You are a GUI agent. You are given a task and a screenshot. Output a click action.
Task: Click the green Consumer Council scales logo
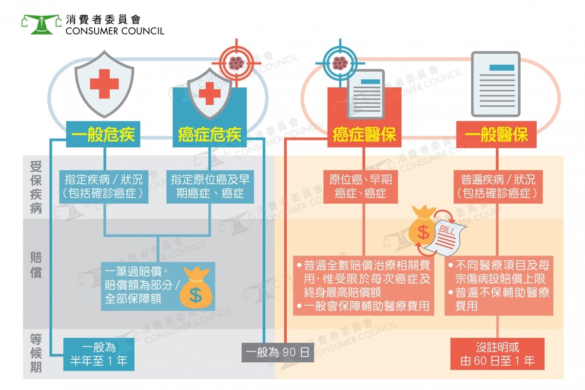tap(41, 24)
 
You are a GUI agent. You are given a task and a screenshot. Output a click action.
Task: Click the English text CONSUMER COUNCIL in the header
tap(115, 31)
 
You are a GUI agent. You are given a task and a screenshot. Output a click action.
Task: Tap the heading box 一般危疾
tap(103, 134)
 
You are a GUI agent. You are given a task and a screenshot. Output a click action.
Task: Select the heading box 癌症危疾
tap(210, 134)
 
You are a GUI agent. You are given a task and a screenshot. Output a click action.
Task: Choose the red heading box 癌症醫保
tap(364, 134)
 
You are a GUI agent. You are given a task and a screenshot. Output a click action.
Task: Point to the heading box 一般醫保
tap(496, 134)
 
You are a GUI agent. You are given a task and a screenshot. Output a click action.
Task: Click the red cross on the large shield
tap(104, 84)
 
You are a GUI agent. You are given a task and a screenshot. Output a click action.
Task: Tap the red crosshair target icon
tap(236, 63)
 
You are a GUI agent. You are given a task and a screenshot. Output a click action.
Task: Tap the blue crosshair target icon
tap(340, 63)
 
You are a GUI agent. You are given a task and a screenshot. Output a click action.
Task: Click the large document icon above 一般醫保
tap(496, 84)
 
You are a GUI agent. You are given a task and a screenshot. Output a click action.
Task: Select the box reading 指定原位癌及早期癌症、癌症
tap(210, 187)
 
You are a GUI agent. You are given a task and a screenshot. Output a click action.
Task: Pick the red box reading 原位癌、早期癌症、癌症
tap(361, 187)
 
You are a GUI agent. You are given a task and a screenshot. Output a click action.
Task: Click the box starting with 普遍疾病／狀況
tap(498, 187)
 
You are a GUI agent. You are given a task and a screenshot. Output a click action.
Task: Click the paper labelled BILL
tap(447, 237)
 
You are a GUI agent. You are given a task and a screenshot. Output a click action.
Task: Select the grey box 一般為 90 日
tap(277, 352)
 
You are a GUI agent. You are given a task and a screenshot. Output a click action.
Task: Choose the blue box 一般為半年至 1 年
tap(98, 354)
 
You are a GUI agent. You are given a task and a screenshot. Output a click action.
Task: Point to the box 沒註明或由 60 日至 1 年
tap(497, 354)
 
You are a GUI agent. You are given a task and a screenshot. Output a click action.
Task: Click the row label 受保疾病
tap(36, 188)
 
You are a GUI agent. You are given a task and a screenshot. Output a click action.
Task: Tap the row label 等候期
tap(36, 353)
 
